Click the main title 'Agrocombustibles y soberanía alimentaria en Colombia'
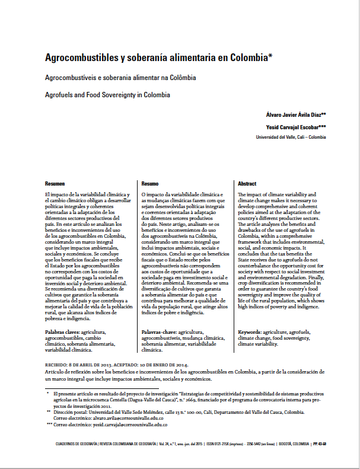tap(158, 59)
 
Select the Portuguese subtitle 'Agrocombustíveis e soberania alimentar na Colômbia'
tap(120, 78)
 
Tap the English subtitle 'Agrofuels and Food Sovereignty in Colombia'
tap(107, 94)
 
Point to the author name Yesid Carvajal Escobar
tap(294, 126)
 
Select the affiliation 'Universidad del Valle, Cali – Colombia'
tap(291, 136)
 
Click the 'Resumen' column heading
tap(55, 184)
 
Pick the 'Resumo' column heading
tap(150, 184)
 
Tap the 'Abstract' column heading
tap(247, 184)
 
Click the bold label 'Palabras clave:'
tap(62, 333)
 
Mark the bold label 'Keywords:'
tap(250, 333)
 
